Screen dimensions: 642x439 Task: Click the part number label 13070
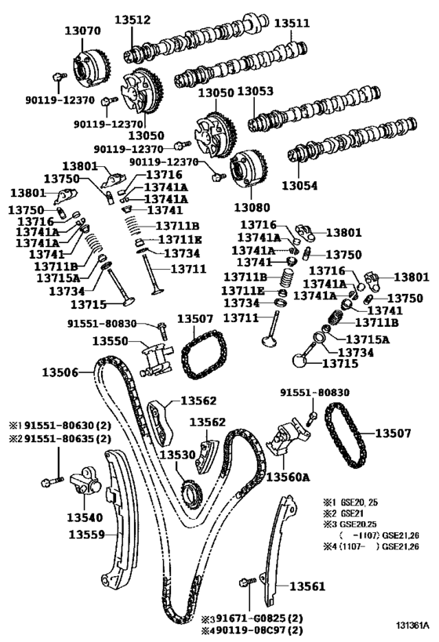(x=82, y=31)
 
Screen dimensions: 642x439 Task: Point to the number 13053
(x=256, y=92)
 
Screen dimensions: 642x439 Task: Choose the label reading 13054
(x=301, y=186)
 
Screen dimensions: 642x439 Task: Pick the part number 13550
(x=112, y=342)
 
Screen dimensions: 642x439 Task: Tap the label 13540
(x=85, y=517)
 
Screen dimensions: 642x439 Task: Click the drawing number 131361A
(x=412, y=626)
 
